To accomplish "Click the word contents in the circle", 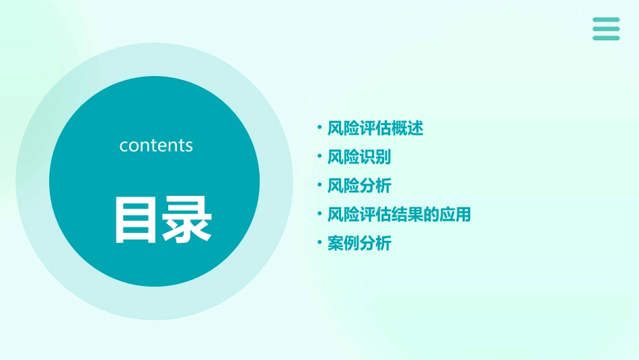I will [x=156, y=145].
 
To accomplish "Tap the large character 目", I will [x=133, y=219].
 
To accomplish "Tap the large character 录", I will [x=186, y=219].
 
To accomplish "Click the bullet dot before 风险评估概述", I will [x=319, y=127].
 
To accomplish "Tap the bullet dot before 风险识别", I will [x=319, y=155].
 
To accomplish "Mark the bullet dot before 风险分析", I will [x=319, y=184].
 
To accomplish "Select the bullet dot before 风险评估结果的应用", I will [x=319, y=213].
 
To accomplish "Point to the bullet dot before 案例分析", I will [x=319, y=242].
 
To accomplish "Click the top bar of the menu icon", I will [x=606, y=20].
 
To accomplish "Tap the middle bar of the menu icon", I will [x=606, y=29].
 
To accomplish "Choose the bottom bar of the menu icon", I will [x=606, y=38].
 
